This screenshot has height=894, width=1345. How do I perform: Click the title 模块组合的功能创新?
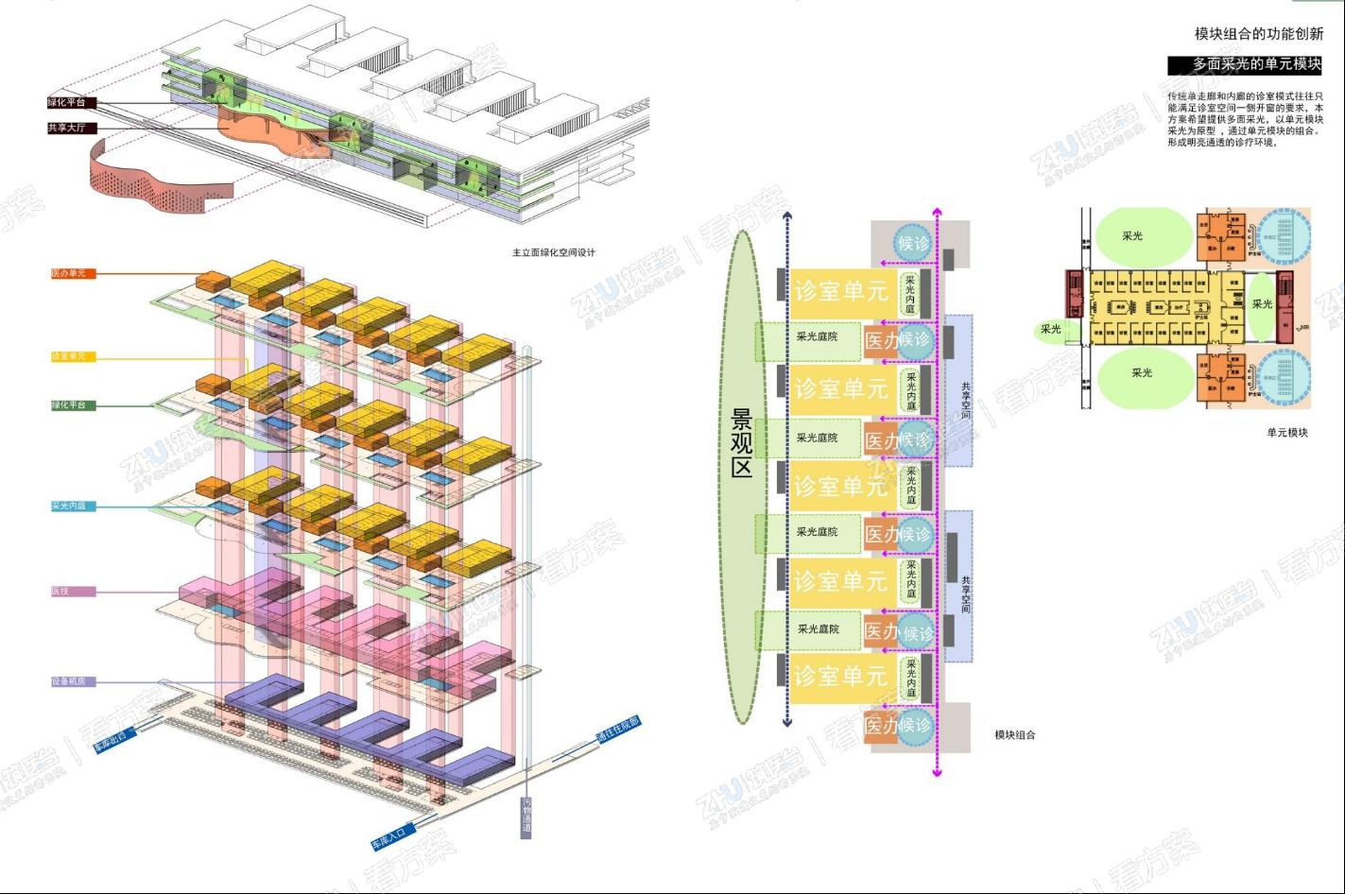point(1258,34)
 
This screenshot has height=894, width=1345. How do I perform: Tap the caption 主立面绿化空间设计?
point(554,252)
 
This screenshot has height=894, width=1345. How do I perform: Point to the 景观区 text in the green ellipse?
point(742,442)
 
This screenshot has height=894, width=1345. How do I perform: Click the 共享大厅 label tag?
point(72,128)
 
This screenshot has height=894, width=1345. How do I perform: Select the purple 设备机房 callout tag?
point(73,681)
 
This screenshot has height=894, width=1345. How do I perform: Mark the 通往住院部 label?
point(617,733)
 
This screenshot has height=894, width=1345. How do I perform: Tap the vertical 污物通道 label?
point(526,817)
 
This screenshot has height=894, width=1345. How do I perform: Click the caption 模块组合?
point(1014,734)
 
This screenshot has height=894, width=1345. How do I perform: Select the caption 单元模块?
point(1287,432)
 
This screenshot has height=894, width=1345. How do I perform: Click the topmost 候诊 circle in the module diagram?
point(913,244)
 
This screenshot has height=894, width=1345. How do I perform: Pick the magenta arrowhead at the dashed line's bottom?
point(937,772)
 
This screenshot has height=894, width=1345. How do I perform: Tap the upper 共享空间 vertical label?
point(965,400)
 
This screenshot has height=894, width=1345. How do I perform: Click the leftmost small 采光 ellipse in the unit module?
point(1051,329)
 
